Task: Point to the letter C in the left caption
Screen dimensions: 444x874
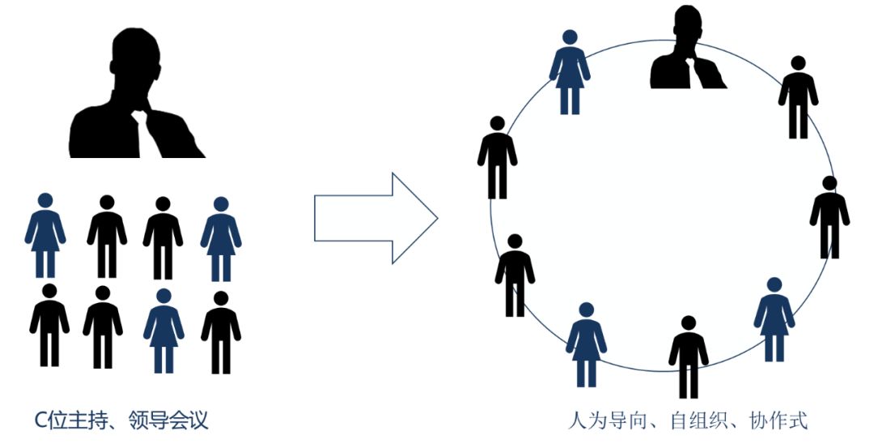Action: (x=39, y=421)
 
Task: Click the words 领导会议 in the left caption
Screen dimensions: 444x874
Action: (x=173, y=421)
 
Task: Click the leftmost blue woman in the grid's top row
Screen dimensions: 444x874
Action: (x=45, y=235)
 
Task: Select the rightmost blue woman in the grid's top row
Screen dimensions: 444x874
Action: (x=221, y=237)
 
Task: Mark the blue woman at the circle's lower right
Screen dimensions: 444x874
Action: (x=774, y=318)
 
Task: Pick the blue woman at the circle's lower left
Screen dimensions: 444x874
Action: (x=586, y=344)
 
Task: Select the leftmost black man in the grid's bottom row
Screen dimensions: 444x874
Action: (x=49, y=324)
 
